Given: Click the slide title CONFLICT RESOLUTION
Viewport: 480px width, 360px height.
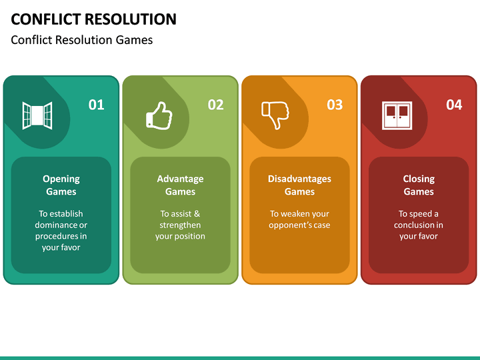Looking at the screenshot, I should click(x=94, y=19).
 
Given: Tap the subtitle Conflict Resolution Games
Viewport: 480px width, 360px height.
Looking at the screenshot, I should click(x=82, y=40).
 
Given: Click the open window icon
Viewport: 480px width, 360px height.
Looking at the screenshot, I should click(x=37, y=115).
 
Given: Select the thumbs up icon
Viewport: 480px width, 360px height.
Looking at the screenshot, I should click(x=159, y=115).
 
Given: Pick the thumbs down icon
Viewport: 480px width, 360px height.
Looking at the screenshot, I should click(x=275, y=115).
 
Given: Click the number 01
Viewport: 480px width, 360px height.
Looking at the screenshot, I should click(x=97, y=105).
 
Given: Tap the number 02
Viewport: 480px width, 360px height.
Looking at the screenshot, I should click(x=215, y=105).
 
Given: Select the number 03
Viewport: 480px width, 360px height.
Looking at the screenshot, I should click(x=335, y=105).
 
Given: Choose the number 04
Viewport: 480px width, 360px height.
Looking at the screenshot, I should click(x=454, y=105).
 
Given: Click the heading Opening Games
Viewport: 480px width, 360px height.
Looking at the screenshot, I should click(x=61, y=185).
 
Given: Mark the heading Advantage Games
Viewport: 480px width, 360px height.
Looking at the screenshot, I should click(x=180, y=185).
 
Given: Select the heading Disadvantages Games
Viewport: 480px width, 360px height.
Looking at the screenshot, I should click(x=299, y=185).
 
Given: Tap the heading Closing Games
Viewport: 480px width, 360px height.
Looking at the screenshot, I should click(x=419, y=185).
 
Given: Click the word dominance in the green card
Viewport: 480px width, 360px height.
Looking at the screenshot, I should click(x=55, y=225).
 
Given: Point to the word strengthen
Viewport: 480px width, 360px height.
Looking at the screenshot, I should click(x=180, y=225).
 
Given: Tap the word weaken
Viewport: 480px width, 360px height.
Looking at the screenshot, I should click(x=297, y=214).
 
